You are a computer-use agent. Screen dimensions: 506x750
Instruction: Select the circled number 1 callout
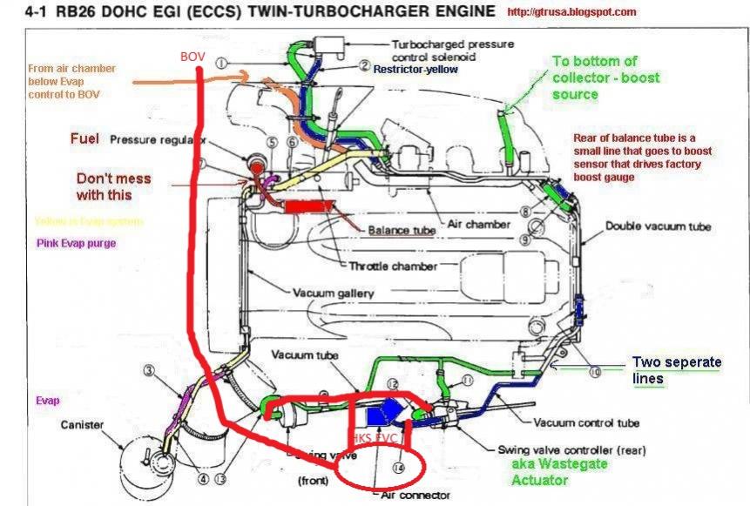coord(222,63)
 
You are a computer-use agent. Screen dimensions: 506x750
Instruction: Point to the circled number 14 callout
coord(399,468)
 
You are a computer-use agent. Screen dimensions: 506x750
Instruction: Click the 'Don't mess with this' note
coord(113,186)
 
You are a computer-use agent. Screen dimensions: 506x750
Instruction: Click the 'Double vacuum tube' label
coord(659,226)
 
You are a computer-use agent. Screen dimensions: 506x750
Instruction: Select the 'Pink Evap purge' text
coord(76,244)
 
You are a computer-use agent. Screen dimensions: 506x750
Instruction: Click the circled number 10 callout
coord(595,371)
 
